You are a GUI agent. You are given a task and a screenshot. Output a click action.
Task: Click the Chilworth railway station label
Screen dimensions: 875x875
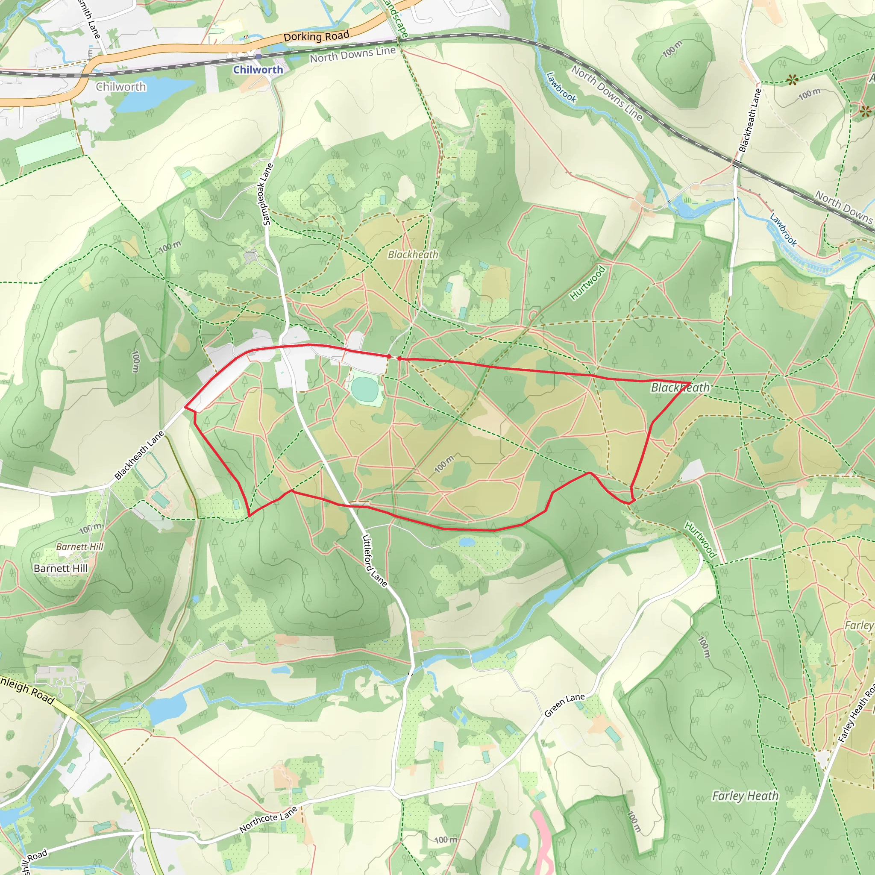pos(258,70)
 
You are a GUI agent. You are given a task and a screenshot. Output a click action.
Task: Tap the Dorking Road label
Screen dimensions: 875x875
pos(316,36)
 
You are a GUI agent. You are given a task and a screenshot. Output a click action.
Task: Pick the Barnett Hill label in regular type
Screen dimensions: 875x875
pos(61,568)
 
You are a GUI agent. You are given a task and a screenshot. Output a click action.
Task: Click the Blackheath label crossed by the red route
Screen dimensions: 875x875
pos(680,388)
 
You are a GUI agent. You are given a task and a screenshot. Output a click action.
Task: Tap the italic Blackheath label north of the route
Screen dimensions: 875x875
pos(413,255)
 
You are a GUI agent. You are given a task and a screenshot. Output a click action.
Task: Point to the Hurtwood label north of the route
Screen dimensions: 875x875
pos(587,283)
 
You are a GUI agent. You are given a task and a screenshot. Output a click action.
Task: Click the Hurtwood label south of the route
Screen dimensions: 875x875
pos(700,540)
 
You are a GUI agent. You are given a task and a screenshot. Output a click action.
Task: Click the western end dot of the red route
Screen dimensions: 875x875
pos(389,357)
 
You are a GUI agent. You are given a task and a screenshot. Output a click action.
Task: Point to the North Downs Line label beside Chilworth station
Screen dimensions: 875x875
pos(352,54)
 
